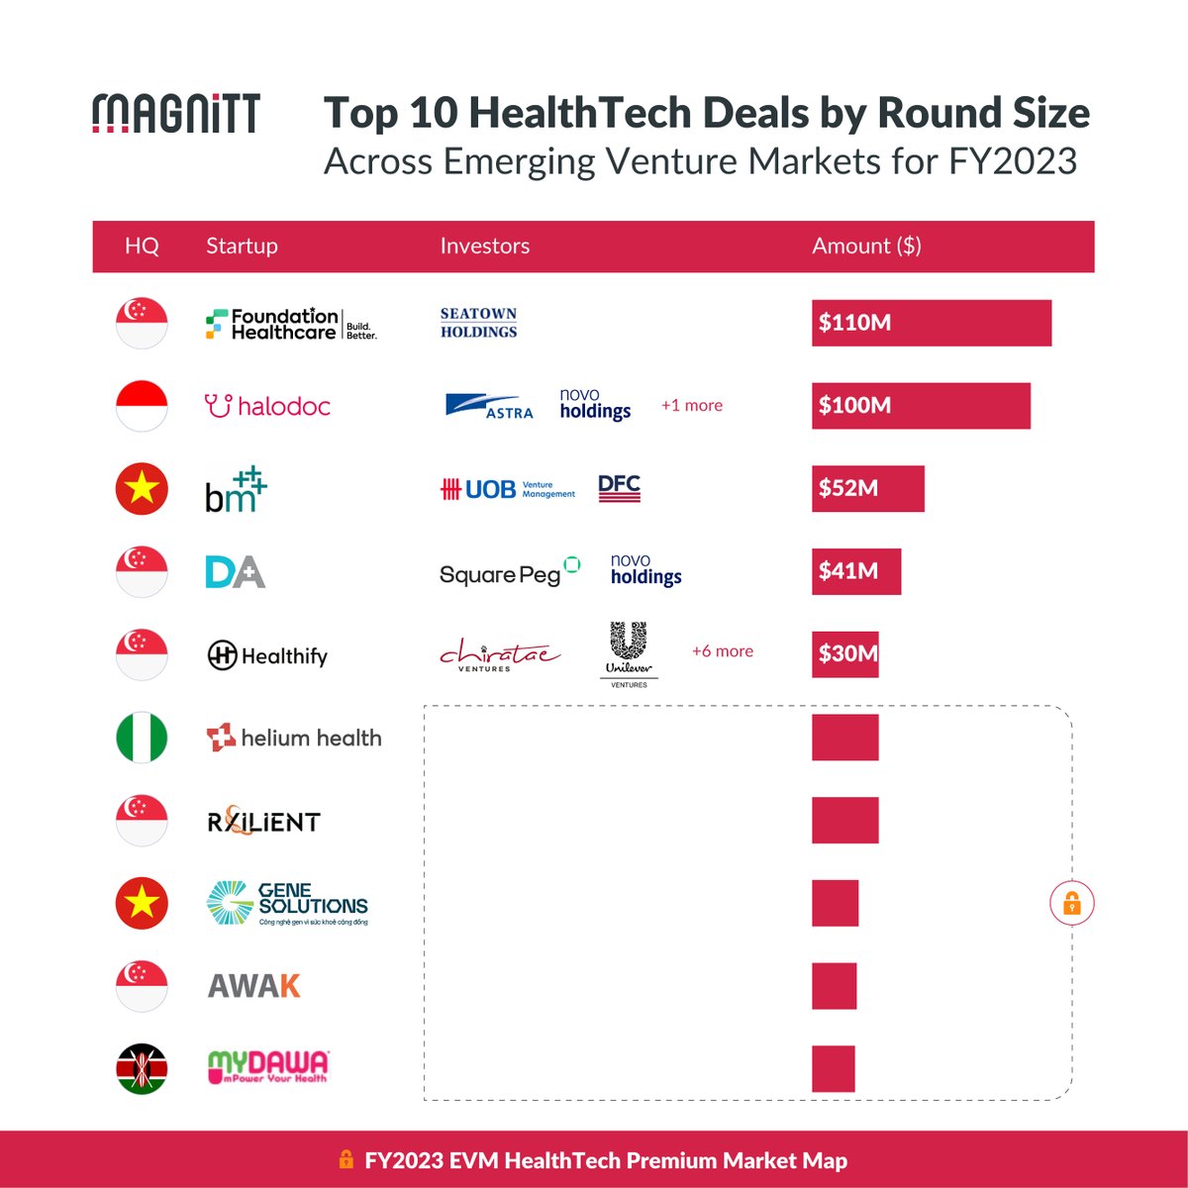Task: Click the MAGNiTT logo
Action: pyautogui.click(x=176, y=114)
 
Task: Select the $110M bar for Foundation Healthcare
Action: pyautogui.click(x=931, y=323)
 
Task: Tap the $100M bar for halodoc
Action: pyautogui.click(x=921, y=406)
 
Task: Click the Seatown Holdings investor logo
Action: pyautogui.click(x=479, y=323)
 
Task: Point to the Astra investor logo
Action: pyautogui.click(x=489, y=406)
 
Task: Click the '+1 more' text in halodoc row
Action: pyautogui.click(x=691, y=406)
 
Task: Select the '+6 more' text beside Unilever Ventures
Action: pyautogui.click(x=722, y=651)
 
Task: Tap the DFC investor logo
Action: pyautogui.click(x=620, y=488)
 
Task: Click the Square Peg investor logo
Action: pyautogui.click(x=509, y=572)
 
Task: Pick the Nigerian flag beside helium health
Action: pyautogui.click(x=142, y=738)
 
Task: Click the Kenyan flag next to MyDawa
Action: pyautogui.click(x=142, y=1069)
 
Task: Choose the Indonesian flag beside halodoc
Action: pyautogui.click(x=142, y=406)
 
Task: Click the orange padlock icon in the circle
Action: pyautogui.click(x=1071, y=903)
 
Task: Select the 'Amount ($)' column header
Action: pyautogui.click(x=866, y=247)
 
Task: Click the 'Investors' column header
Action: pyautogui.click(x=484, y=247)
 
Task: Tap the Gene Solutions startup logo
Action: pyautogui.click(x=287, y=903)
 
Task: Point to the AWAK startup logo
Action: pyautogui.click(x=253, y=986)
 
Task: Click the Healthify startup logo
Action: pyautogui.click(x=267, y=655)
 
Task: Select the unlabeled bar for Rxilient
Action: pyautogui.click(x=844, y=821)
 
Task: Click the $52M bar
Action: pyautogui.click(x=867, y=488)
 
